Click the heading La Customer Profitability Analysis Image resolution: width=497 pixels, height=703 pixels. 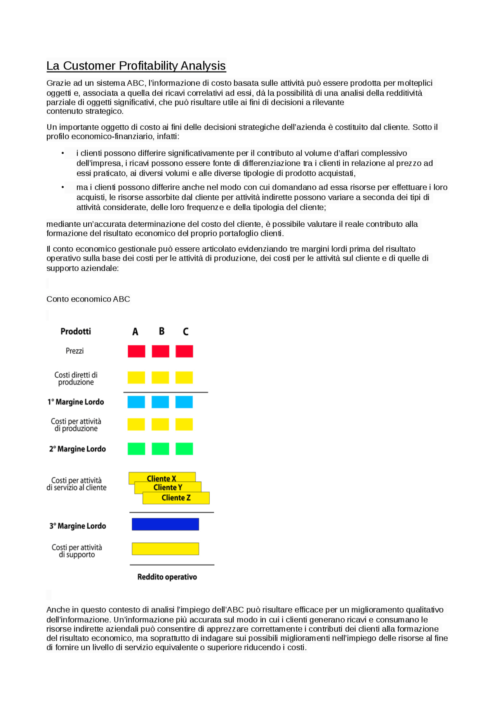tap(136, 66)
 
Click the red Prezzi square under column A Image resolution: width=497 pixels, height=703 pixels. tap(136, 351)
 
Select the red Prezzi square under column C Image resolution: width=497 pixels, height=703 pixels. tap(184, 351)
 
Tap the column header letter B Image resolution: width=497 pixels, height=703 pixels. tap(162, 332)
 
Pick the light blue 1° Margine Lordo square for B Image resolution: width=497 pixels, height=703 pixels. tap(160, 402)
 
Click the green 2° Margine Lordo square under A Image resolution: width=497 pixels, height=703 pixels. tap(136, 449)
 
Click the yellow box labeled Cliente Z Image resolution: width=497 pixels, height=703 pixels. tap(176, 498)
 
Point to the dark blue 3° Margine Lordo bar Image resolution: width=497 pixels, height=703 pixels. tap(165, 524)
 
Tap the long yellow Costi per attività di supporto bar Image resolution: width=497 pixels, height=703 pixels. tap(165, 549)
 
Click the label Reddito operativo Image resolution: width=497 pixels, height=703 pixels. tap(167, 577)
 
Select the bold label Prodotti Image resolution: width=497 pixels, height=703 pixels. tap(76, 332)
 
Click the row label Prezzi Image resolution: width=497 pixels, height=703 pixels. tap(75, 351)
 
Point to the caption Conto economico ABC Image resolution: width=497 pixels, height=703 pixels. tap(88, 299)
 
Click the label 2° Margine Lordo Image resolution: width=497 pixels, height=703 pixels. tap(77, 449)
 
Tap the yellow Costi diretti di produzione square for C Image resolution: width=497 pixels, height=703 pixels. tap(184, 378)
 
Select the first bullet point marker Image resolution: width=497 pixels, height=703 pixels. tap(63, 153)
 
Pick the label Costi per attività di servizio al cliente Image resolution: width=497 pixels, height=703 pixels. tap(76, 484)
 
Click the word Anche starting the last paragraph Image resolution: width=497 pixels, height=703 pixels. tap(56, 610)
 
